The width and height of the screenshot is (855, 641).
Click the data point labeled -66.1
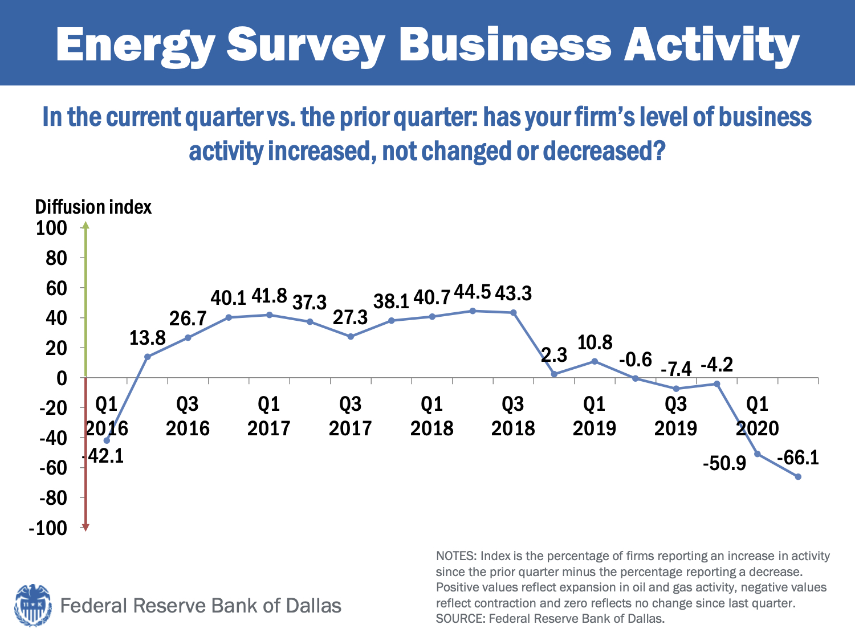[x=798, y=476]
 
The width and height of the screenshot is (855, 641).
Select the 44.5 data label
[x=473, y=292]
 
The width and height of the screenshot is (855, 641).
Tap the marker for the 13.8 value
[x=148, y=357]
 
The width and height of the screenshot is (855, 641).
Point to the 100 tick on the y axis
[x=51, y=228]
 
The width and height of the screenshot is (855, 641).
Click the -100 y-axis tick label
[x=48, y=528]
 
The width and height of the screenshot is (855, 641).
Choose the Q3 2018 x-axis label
[x=513, y=416]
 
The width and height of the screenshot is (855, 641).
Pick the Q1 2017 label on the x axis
[x=269, y=416]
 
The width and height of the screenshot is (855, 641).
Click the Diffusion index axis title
[x=93, y=207]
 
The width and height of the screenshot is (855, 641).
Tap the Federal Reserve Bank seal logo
[x=32, y=605]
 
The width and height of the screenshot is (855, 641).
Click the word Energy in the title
[x=135, y=46]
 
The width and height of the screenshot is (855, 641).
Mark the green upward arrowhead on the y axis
[x=85, y=226]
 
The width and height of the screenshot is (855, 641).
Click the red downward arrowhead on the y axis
[x=85, y=528]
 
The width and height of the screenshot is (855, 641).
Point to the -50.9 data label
[x=724, y=463]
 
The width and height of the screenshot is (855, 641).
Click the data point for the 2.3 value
[x=554, y=374]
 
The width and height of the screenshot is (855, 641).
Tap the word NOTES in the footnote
[x=455, y=556]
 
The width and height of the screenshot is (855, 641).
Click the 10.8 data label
[x=595, y=342]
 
